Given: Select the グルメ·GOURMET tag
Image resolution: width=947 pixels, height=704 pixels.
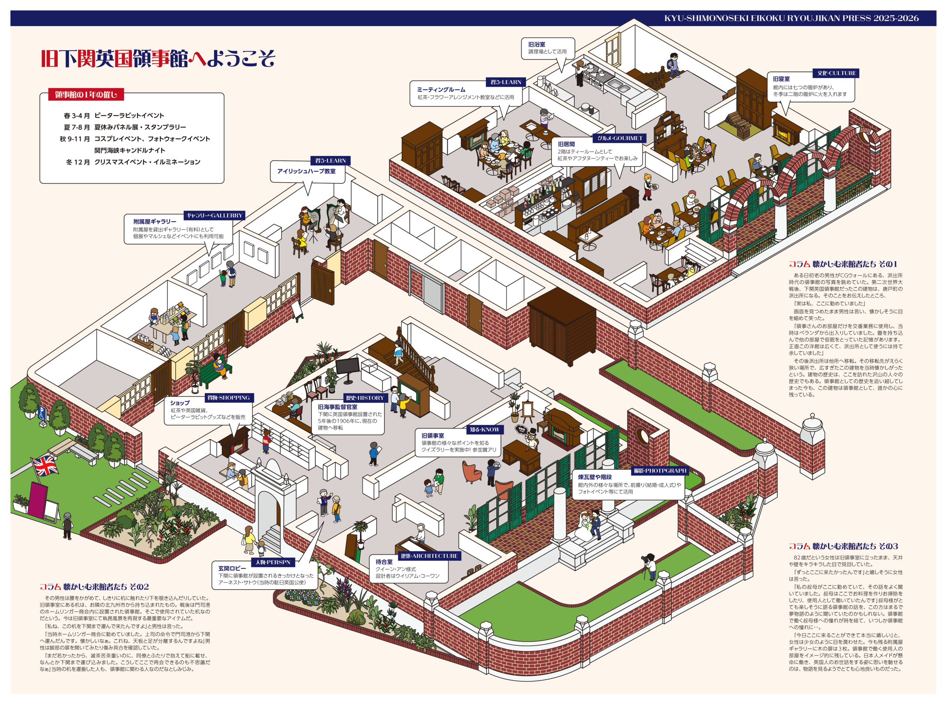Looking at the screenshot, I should pos(619,138).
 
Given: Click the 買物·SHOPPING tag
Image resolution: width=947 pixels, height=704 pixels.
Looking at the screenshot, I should pos(228,398).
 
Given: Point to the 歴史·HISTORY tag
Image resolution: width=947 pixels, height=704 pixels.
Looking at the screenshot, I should pos(365,398).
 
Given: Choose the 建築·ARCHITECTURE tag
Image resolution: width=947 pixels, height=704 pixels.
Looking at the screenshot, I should pos(429,556).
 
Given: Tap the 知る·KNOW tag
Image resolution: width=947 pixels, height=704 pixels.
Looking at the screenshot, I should pos(484,430).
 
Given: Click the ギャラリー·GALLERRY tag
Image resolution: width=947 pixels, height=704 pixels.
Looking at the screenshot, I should pos(214,215).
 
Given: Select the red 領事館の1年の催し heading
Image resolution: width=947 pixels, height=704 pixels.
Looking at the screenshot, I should pos(86,95).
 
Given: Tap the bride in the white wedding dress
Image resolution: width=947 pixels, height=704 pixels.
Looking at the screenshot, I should pos(584,528).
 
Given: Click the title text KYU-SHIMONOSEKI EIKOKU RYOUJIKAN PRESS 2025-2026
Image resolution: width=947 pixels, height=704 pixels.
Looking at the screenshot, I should pos(791,18).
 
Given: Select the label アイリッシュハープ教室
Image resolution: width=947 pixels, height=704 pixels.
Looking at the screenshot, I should pos(306,171).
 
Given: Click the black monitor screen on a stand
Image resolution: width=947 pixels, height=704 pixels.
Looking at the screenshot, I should pos(347,367).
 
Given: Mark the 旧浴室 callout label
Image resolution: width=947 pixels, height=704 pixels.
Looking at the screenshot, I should pos(537,44).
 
